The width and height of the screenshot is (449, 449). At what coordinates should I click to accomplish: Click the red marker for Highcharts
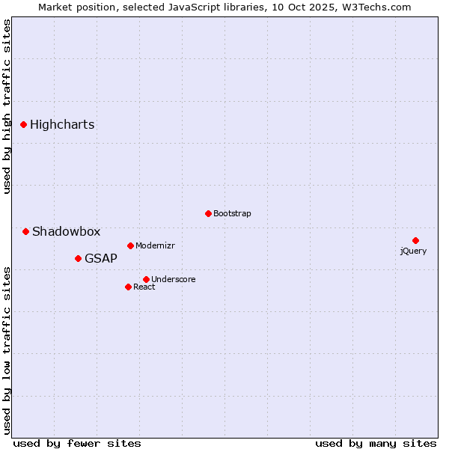tap(23, 124)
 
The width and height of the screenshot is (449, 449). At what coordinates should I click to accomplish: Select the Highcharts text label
tap(62, 125)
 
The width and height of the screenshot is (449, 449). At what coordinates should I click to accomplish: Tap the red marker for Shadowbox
tap(25, 231)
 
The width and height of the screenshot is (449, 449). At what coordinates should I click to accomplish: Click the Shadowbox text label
tap(66, 232)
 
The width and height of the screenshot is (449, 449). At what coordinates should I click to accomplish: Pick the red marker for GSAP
tap(78, 258)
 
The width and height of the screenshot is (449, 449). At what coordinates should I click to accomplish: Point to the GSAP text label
tap(101, 259)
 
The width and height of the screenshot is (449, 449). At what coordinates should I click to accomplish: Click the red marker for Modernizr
tap(130, 245)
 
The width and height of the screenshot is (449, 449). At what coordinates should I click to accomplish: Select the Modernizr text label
tap(155, 246)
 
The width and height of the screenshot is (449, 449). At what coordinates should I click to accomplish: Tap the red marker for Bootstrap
tap(208, 213)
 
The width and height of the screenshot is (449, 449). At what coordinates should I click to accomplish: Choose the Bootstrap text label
tap(232, 214)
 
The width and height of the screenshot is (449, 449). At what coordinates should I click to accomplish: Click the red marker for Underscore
tap(146, 279)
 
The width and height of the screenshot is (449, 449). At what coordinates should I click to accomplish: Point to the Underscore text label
tap(173, 280)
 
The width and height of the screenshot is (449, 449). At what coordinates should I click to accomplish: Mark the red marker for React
tap(128, 287)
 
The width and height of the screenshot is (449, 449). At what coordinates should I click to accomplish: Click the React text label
tap(144, 287)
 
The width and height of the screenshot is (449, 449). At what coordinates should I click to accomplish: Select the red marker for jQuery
tap(415, 240)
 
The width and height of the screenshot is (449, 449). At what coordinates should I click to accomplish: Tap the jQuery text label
tap(413, 251)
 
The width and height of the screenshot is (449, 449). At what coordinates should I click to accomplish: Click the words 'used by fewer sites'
tap(77, 444)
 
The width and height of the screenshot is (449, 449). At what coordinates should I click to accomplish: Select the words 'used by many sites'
tap(376, 444)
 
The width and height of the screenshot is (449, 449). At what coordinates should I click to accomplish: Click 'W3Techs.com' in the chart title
tap(379, 7)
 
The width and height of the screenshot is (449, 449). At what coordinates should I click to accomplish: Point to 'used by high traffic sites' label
tap(7, 106)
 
